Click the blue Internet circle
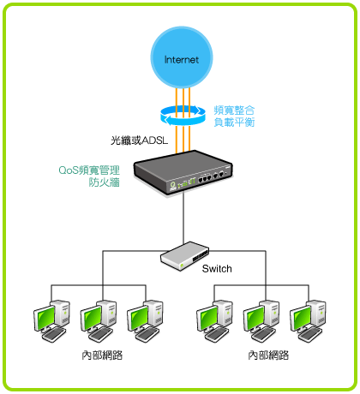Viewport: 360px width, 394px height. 182,57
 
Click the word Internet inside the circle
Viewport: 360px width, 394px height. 182,60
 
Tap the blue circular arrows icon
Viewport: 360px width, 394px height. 183,116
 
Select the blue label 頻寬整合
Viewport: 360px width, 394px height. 234,110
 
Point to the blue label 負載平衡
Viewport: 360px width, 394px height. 234,122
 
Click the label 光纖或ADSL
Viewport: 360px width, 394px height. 139,140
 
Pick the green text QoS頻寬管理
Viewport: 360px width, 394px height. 89,170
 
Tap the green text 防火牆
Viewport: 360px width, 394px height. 105,182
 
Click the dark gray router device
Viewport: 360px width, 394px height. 183,172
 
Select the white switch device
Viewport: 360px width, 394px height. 185,256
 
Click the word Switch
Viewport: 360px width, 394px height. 217,269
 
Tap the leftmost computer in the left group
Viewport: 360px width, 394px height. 51,321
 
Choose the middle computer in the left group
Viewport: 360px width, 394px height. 99,321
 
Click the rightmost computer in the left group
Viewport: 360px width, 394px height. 145,321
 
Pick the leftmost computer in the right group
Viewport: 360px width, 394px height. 214,321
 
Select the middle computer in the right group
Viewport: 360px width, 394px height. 261,321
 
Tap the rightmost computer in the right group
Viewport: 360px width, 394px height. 308,321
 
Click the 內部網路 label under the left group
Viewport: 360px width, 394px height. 102,355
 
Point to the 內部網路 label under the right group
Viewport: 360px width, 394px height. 268,355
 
